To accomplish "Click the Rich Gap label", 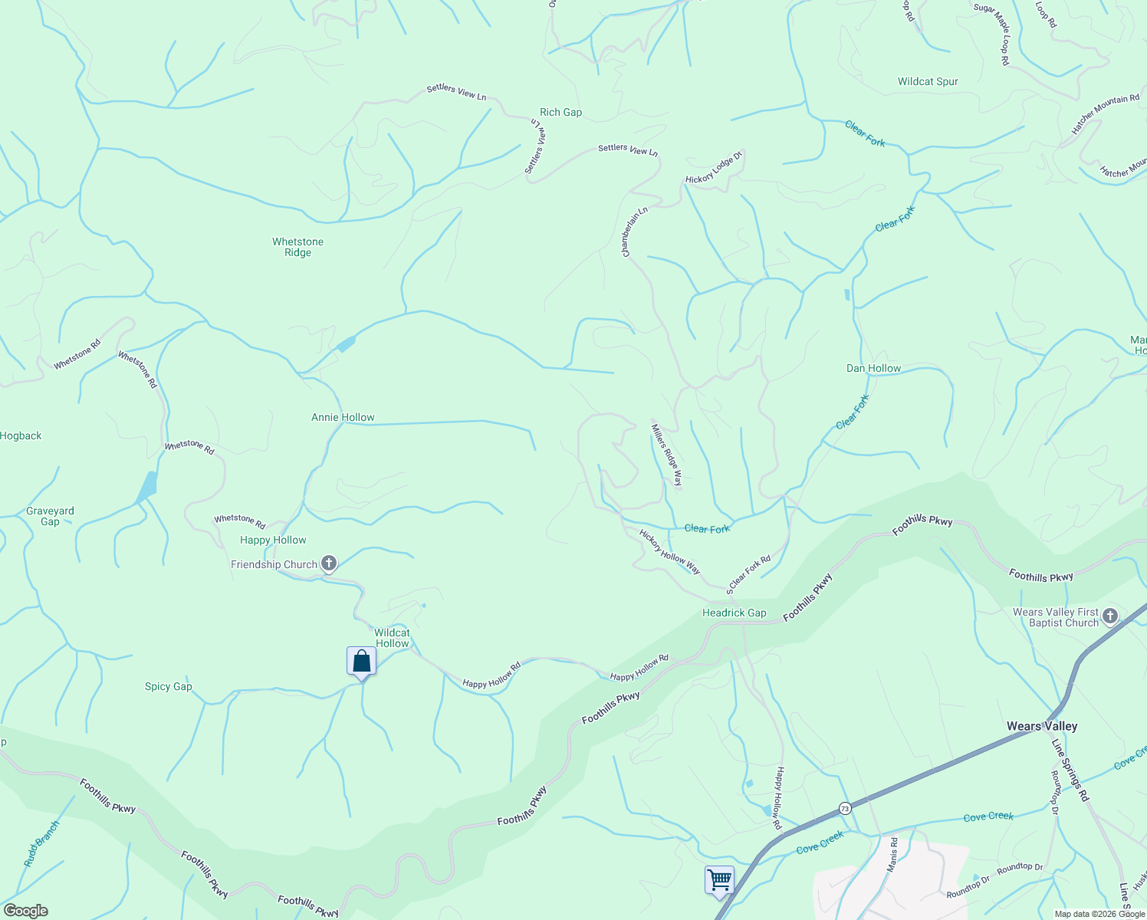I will coord(560,112).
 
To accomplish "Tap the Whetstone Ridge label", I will coord(297,247).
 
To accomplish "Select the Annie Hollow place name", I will coord(343,417).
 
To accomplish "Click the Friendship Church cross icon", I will coord(328,564).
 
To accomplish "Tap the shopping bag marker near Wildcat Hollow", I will coord(361,662).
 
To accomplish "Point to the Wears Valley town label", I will coord(1041,726).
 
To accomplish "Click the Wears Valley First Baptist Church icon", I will coord(1110,616).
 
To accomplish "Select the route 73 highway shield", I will coord(844,808).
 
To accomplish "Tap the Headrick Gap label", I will coord(734,613).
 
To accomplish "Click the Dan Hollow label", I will coord(873,368).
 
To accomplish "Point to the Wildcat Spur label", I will coord(928,81).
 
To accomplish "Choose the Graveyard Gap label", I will coord(50,516).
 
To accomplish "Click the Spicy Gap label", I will coord(168,686).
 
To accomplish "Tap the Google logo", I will coord(25,911).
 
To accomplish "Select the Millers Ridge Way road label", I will coord(666,455).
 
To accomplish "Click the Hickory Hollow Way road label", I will coord(669,551).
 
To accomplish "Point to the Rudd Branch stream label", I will coord(41,844).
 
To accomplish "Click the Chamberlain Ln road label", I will coord(636,232).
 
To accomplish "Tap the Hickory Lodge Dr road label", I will coord(714,168).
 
